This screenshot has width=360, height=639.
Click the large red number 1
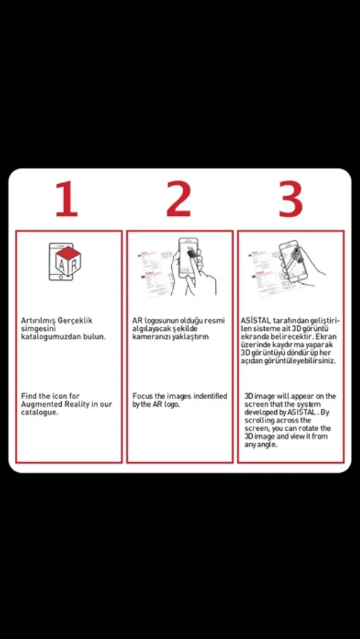point(67,199)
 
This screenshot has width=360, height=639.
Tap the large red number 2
point(178,199)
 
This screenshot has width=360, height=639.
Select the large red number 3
point(290,199)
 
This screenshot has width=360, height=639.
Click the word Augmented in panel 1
point(40,404)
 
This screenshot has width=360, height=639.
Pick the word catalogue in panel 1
point(40,413)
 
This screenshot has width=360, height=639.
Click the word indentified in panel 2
point(210,396)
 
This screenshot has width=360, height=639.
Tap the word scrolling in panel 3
point(259,420)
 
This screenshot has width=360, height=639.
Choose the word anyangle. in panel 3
point(261,445)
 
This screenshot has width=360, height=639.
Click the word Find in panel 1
point(29,395)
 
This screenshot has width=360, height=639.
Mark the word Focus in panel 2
point(143,396)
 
